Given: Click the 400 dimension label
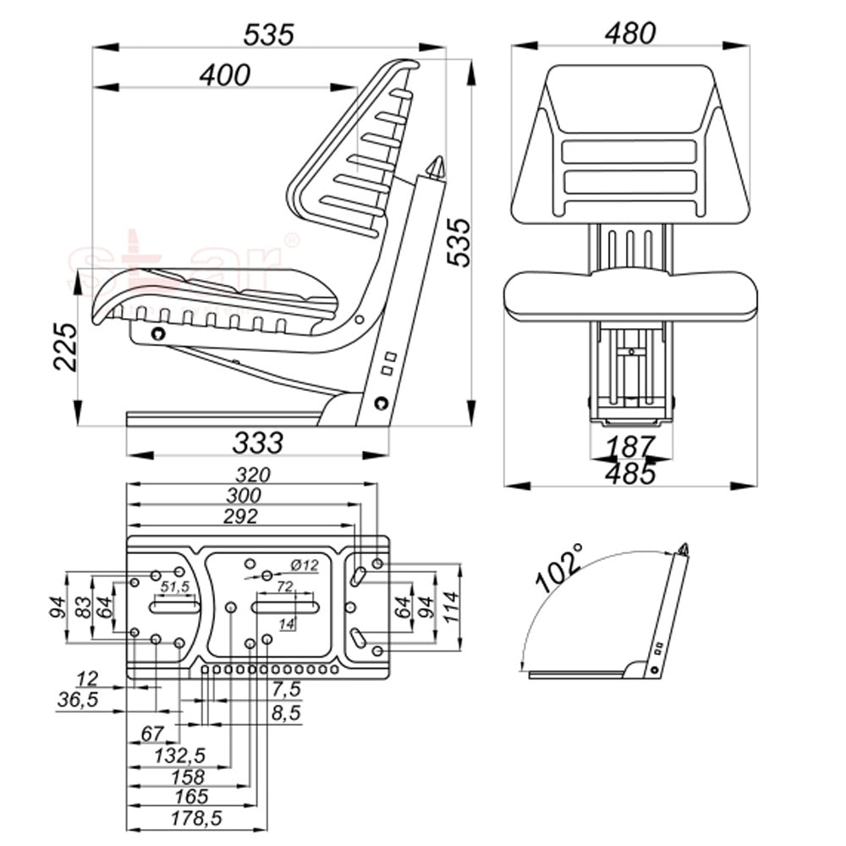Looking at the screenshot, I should [x=225, y=74].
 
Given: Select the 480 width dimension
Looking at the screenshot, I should [x=629, y=33].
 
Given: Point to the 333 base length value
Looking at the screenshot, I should [x=257, y=442].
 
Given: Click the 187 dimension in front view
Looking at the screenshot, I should [x=629, y=445].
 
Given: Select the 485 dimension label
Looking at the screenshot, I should [x=630, y=474].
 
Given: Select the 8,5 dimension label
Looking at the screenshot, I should [x=285, y=713].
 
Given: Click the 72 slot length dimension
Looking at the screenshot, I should [x=285, y=585].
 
